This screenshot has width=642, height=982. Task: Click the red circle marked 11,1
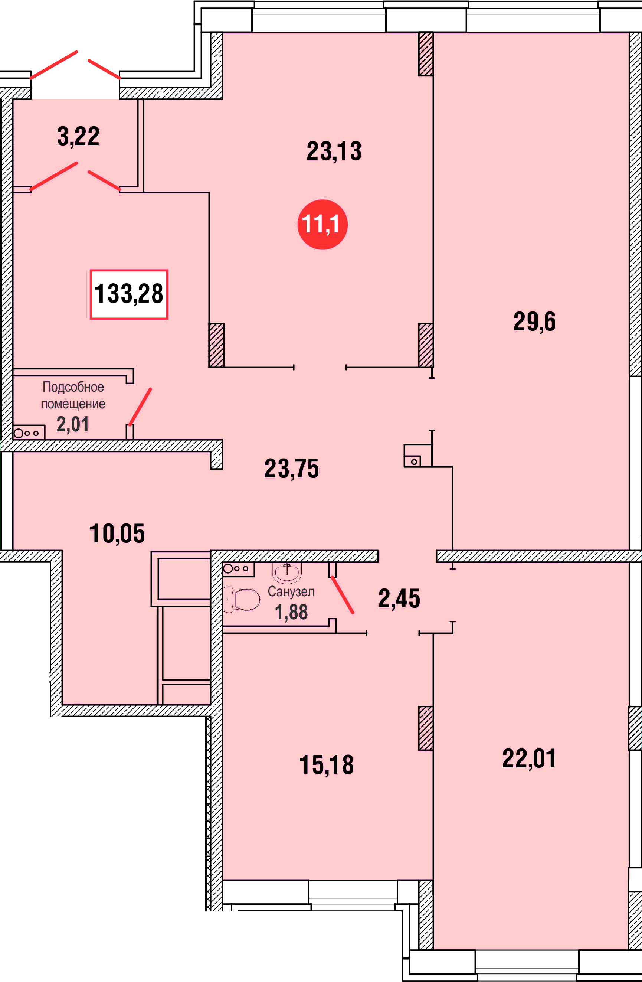coord(322,225)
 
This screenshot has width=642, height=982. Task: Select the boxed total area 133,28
coord(129,294)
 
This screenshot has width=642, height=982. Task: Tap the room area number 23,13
coord(334,151)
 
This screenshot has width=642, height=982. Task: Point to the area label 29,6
coord(534,322)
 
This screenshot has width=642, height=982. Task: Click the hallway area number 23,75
coord(292,469)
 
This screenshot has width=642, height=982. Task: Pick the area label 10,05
coord(117,534)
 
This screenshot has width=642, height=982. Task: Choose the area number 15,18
coord(326,765)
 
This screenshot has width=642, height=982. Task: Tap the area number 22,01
coord(529,758)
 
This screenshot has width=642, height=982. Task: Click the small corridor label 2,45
coord(399,599)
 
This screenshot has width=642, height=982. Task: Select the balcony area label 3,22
coord(78,137)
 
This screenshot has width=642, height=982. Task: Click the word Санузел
coord(291,591)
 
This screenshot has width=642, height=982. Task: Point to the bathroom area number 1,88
coord(291,612)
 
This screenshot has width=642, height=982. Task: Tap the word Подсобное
coord(73,387)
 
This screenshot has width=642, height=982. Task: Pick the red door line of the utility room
coord(140,407)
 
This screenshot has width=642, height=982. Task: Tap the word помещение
coord(73,404)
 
